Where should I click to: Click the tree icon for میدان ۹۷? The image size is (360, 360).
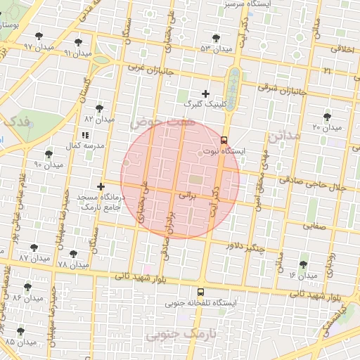[39, 36]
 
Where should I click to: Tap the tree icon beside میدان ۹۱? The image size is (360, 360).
[78, 42]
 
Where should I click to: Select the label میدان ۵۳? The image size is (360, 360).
[214, 49]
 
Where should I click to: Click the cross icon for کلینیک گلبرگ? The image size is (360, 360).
[205, 94]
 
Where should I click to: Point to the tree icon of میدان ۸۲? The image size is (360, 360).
[98, 108]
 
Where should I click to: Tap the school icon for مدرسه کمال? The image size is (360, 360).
[84, 135]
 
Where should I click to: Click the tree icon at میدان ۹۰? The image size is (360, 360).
[49, 154]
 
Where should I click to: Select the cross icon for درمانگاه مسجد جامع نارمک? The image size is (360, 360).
[101, 187]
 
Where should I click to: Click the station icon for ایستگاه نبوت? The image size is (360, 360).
[224, 140]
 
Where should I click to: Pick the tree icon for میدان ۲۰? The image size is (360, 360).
[327, 116]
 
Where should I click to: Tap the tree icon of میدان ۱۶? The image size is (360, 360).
[303, 264]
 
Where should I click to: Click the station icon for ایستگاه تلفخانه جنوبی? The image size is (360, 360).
[200, 292]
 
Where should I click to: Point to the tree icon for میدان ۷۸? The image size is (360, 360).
[73, 254]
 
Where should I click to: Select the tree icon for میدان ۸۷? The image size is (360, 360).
[34, 247]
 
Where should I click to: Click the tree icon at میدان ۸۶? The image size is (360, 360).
[27, 287]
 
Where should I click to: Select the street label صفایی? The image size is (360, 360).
[314, 226]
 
